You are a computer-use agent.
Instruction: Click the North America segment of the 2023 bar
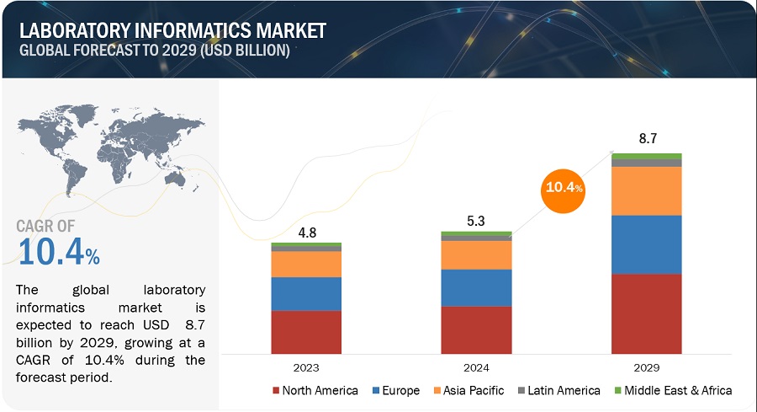306,332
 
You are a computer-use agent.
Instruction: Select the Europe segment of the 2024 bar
476,287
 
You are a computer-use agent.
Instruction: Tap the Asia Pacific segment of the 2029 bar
646,190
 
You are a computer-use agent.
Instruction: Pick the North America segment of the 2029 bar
646,313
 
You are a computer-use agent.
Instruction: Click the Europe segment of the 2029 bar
646,244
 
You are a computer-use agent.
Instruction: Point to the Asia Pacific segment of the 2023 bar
306,264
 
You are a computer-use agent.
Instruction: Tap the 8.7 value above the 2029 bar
646,139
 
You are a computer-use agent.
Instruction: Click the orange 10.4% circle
563,188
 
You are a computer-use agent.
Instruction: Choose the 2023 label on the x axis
306,368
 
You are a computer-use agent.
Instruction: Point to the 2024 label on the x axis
476,368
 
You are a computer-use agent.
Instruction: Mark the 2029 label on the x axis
646,368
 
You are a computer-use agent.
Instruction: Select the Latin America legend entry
560,390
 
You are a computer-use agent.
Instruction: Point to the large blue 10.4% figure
59,251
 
